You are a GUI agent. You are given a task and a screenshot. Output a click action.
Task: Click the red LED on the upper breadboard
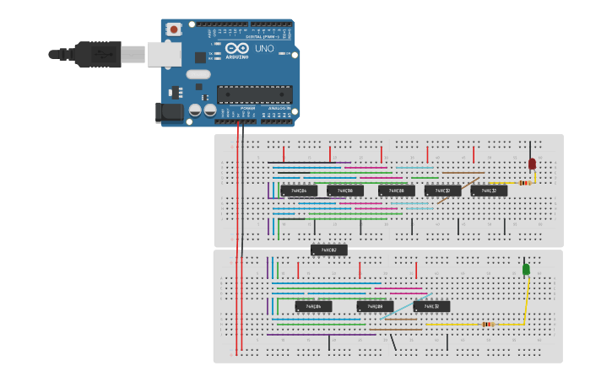pos(532,164)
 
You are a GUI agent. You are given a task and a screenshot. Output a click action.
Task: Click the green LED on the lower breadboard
pos(526,269)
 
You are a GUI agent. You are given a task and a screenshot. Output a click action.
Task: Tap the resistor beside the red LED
pos(525,182)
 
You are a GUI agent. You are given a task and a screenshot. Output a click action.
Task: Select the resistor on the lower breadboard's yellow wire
pos(488,324)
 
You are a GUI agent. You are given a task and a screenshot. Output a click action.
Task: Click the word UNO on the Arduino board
pos(264,49)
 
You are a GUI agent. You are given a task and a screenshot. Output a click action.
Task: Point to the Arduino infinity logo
pos(236,47)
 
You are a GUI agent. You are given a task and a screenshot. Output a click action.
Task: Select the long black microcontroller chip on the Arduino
pos(255,94)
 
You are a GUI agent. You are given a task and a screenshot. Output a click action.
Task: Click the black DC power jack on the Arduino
pos(170,112)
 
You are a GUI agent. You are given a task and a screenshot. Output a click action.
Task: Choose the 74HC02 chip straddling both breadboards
pos(328,250)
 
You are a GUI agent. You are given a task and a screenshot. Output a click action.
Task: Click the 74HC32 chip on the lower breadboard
pos(431,306)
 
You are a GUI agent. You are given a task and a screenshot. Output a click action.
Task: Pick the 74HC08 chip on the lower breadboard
pos(375,306)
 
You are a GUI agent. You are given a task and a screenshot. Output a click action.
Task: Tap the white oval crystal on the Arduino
pos(198,74)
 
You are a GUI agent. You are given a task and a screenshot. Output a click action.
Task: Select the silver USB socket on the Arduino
pos(164,54)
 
